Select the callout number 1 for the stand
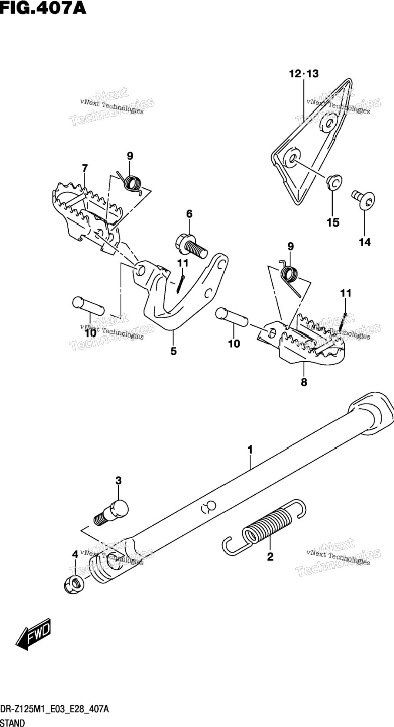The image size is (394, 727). (250, 450)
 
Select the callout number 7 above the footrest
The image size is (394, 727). (85, 168)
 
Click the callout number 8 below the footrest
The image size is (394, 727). (304, 382)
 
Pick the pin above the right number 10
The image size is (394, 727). (232, 316)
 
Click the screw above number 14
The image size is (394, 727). (363, 200)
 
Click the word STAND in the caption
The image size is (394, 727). (12, 723)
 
